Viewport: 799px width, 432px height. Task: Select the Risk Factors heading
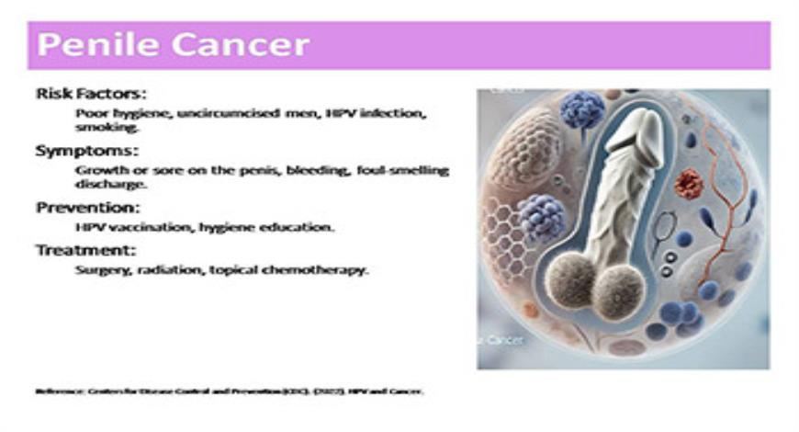(x=91, y=94)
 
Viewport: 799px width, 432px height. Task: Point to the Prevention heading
(x=87, y=207)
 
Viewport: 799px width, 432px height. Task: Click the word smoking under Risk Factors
(x=96, y=130)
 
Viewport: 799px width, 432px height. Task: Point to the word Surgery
(x=99, y=270)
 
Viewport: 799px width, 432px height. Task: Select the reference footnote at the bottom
(x=230, y=390)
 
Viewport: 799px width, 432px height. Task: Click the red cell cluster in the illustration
(x=688, y=183)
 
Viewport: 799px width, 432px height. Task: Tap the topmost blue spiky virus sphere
(x=582, y=109)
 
